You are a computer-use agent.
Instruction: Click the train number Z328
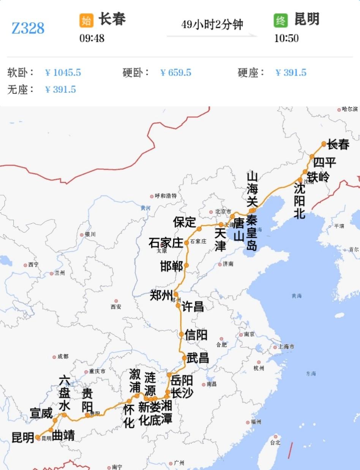pos(28,28)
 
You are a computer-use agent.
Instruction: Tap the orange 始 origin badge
pos(86,21)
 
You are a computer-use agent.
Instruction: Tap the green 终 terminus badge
pos(281,21)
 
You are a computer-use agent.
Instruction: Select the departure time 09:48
pos(92,38)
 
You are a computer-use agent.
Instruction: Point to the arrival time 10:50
pos(286,38)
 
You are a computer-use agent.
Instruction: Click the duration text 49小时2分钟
pos(212,25)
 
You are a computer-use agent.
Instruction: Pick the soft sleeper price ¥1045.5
pos(63,73)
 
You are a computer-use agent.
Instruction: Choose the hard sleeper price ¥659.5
pos(176,73)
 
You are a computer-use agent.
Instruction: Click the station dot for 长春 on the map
pos(324,144)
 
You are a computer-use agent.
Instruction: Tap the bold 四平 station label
pos(325,163)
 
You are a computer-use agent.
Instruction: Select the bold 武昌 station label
pos(198,358)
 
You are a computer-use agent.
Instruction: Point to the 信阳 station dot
pos(182,334)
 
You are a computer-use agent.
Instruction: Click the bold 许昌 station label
pos(193,306)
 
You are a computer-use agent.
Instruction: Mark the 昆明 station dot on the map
pos(38,437)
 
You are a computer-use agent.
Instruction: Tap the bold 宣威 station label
pos(41,413)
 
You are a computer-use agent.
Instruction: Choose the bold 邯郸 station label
pos(172,266)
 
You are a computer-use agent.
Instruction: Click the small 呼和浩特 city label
pos(166,196)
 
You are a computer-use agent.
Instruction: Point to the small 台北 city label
pos(275,442)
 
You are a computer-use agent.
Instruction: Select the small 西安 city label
pos(116,307)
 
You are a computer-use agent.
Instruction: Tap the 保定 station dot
pos(199,229)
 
